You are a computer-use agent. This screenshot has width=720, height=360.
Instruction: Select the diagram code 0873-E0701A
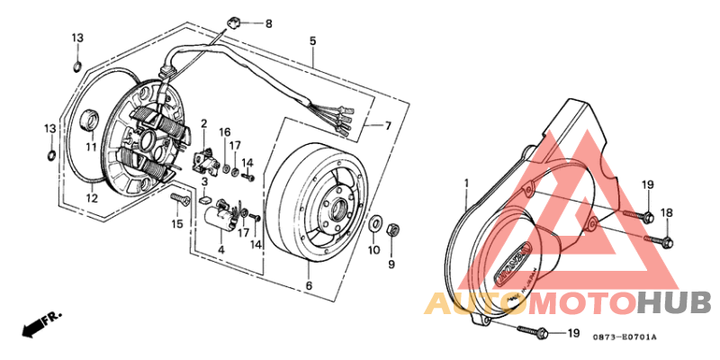click(x=625, y=337)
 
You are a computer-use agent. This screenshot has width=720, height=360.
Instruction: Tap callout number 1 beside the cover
click(x=466, y=183)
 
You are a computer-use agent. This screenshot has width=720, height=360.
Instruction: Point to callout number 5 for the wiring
click(x=312, y=40)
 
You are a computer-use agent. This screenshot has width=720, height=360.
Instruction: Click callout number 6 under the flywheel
click(x=308, y=285)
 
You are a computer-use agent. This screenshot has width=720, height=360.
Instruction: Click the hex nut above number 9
click(x=392, y=231)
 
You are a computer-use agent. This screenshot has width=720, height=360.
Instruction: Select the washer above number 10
click(x=373, y=222)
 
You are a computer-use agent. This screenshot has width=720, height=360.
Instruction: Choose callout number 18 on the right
click(x=667, y=212)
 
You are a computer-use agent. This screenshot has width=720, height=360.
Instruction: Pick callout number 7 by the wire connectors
click(x=388, y=125)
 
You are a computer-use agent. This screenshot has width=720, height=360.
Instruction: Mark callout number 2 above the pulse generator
click(x=204, y=123)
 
